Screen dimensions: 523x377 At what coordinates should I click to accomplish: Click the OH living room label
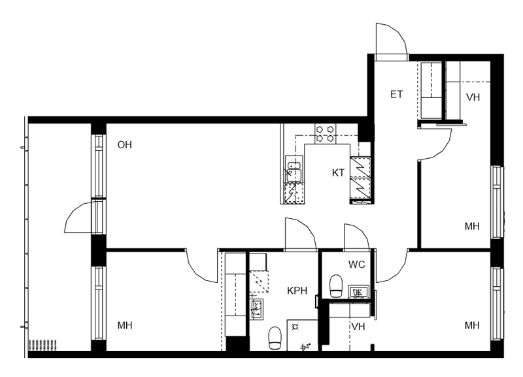[x=125, y=144]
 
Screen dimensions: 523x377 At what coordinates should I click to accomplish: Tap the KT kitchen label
[x=338, y=172]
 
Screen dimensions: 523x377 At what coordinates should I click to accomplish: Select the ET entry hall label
[x=397, y=94]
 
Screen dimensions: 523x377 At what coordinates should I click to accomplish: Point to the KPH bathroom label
[x=297, y=291]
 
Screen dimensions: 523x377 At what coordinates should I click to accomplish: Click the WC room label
[x=356, y=265]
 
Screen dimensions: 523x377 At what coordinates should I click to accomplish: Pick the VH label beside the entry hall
[x=473, y=97]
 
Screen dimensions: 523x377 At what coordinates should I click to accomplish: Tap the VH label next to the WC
[x=358, y=326]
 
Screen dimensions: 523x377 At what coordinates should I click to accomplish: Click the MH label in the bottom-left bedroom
[x=125, y=325]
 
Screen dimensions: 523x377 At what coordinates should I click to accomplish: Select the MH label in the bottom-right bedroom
[x=472, y=325]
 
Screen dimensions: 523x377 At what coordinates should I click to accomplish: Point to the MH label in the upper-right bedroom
[x=472, y=226]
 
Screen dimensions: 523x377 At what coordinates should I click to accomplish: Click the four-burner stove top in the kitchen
[x=325, y=133]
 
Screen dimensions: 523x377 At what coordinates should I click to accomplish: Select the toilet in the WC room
[x=336, y=286]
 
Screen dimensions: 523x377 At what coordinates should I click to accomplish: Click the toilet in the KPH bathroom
[x=275, y=338]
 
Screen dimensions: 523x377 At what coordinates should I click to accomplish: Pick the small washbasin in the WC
[x=358, y=292]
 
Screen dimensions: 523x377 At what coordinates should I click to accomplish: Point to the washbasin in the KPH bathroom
[x=256, y=309]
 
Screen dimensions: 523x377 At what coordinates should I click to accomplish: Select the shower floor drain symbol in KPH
[x=295, y=327]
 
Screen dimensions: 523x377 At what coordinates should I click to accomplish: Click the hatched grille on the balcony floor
[x=42, y=345]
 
